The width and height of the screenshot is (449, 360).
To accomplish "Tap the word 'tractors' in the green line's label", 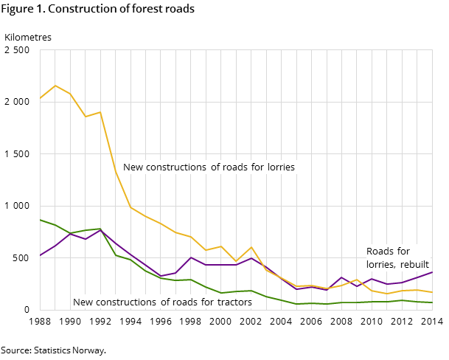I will point(233,302).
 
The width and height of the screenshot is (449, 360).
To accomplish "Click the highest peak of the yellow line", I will point(55,86).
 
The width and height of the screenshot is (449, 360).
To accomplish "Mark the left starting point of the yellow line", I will point(40,98).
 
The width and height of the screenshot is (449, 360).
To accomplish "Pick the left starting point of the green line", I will point(40,219).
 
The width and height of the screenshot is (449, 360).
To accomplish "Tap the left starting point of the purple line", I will point(40,255).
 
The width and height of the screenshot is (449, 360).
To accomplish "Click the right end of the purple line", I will point(432,272).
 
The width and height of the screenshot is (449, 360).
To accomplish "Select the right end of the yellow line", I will point(432,293).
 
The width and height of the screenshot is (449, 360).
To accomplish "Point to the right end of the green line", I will point(432,302).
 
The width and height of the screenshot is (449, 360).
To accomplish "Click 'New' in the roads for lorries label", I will point(133,167).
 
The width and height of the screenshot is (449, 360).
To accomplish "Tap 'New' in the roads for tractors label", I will point(83,302).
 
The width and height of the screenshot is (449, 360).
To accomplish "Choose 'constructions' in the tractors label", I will point(126,302).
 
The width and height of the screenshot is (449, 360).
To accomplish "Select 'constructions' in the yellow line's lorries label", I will point(176,167).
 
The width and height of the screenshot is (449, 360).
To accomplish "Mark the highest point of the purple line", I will point(100,230).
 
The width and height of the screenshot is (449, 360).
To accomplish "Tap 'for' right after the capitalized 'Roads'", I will point(403,252).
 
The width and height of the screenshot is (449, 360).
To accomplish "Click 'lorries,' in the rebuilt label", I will point(380,265).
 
